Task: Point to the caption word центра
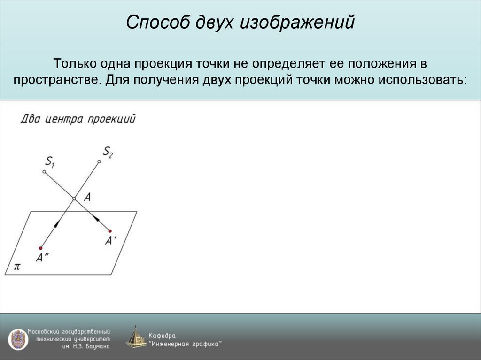[63, 119]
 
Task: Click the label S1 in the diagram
[50, 162]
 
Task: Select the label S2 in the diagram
[108, 151]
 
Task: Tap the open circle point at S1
[44, 172]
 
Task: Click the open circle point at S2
[99, 162]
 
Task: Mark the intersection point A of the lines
[74, 199]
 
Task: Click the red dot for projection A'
[110, 230]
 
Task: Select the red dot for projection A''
[41, 248]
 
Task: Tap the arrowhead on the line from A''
[56, 224]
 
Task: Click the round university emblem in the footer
[17, 339]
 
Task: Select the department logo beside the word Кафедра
[136, 337]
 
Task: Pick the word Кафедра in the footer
[162, 336]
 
